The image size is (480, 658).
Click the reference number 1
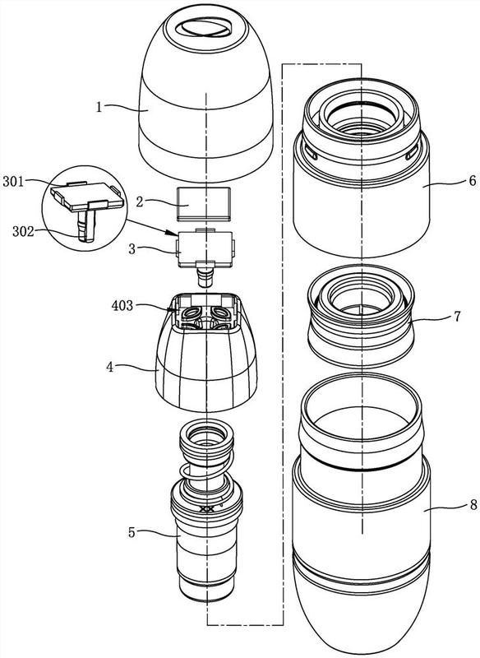point(99,107)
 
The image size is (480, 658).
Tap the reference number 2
point(140,202)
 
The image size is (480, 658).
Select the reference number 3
point(132,249)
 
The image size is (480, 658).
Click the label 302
point(24,231)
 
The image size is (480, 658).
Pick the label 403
point(122,305)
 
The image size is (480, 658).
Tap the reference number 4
point(110,367)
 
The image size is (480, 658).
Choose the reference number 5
point(132,532)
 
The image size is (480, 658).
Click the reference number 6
point(472,181)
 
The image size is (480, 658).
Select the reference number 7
point(457,316)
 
